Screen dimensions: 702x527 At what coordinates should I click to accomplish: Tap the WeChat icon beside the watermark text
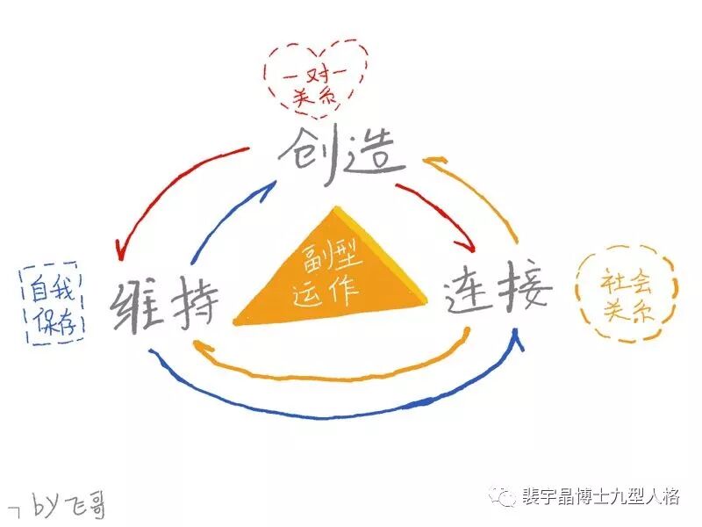(x=505, y=497)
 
